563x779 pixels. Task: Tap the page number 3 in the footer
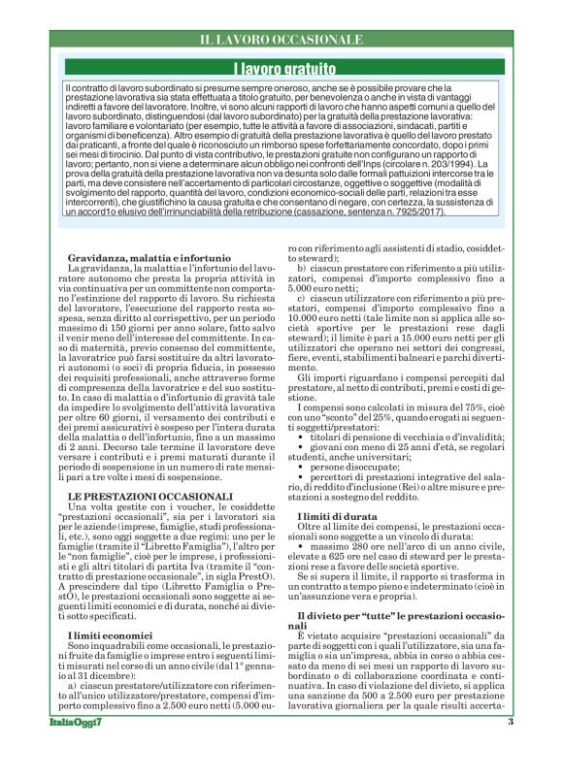point(509,749)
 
